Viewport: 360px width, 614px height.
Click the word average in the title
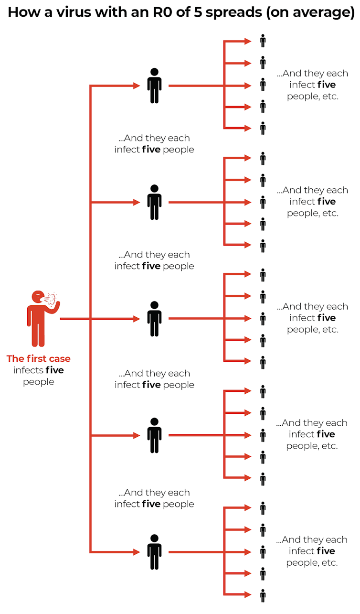click(x=325, y=12)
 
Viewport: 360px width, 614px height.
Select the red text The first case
click(x=38, y=359)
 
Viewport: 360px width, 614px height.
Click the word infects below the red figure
click(x=28, y=370)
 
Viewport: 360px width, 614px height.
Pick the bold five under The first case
click(x=55, y=370)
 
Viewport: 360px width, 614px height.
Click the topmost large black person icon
click(x=154, y=86)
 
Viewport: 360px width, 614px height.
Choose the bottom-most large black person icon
click(x=154, y=552)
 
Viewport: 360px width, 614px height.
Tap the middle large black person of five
click(x=154, y=319)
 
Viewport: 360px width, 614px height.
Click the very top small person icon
click(x=263, y=41)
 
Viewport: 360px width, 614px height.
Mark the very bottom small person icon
click(x=263, y=595)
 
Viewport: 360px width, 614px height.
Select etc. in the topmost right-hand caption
click(x=329, y=96)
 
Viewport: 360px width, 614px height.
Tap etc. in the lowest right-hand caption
click(x=329, y=562)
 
